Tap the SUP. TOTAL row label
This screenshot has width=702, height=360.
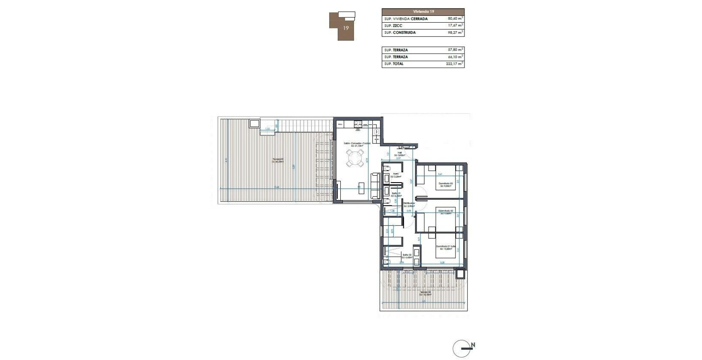[x=394, y=64]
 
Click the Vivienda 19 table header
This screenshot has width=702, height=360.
[x=423, y=12]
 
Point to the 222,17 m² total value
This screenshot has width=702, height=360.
[x=454, y=64]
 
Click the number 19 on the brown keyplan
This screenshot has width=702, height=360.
[x=345, y=28]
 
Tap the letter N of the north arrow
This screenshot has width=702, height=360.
[x=473, y=345]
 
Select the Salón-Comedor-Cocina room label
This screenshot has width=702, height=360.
[x=357, y=144]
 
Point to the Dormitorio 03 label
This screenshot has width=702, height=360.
[x=445, y=183]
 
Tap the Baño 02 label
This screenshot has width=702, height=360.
[x=407, y=255]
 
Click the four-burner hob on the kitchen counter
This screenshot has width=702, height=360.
[x=357, y=124]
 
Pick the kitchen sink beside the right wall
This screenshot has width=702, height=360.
[x=375, y=132]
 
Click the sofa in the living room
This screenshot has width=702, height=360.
[x=375, y=185]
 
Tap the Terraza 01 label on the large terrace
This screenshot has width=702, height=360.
[x=278, y=161]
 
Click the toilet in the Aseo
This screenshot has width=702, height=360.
[x=387, y=167]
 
